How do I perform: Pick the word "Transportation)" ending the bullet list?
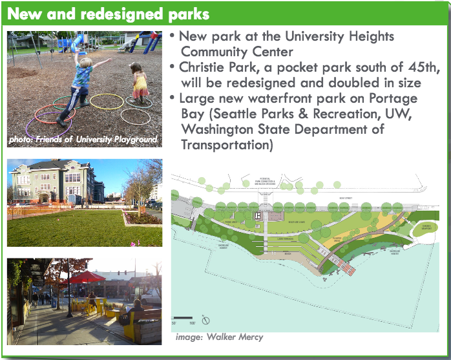[x=225, y=145]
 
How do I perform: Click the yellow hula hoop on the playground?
[x=106, y=101]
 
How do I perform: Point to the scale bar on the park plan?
[x=183, y=317]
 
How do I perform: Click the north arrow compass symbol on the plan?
[x=205, y=319]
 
